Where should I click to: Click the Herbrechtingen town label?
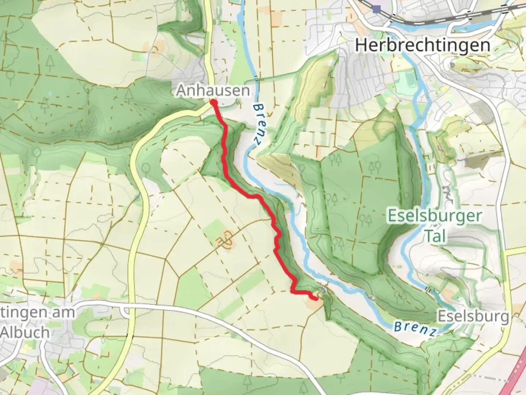tap(422, 45)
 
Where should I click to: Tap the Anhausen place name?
tap(213, 90)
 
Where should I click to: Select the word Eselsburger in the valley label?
tap(435, 216)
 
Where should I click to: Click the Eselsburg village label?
tap(473, 316)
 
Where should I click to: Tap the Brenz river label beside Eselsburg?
tap(415, 328)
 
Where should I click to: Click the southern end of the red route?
tap(315, 298)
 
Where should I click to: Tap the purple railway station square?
tap(377, 8)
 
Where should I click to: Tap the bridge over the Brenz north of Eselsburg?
tap(428, 290)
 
